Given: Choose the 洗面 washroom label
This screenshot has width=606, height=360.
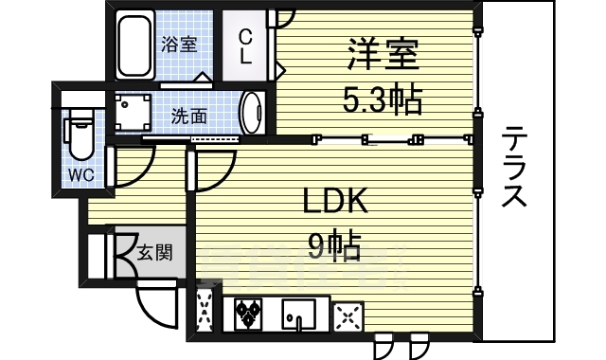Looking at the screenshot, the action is point(189,117).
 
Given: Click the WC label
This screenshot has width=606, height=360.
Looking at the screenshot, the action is point(79,174).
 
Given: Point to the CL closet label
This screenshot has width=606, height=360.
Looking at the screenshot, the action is point(245,46).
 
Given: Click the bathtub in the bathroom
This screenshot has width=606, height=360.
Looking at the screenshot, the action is point(136,44).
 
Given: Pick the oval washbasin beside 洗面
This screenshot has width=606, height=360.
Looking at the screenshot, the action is point(253,114).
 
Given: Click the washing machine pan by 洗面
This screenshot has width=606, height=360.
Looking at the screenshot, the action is point(134,114).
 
